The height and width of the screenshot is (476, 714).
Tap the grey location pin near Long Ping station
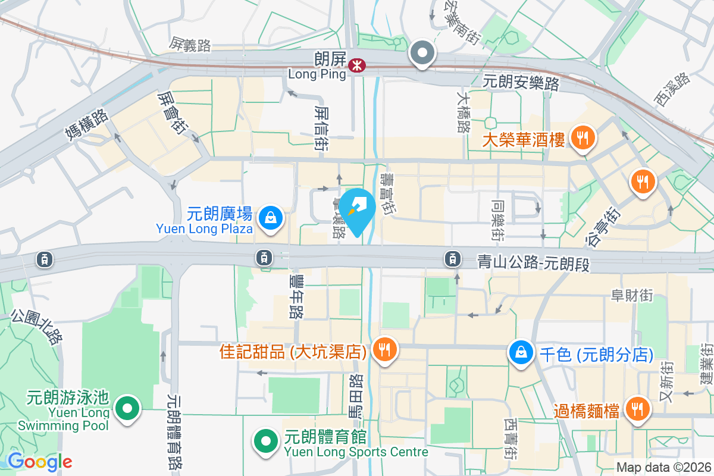click(422, 54)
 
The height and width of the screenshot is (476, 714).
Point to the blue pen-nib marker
click(358, 208)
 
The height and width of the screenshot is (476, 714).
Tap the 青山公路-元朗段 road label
click(533, 262)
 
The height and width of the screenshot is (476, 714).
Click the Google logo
click(40, 461)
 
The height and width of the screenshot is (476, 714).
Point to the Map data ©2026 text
click(663, 468)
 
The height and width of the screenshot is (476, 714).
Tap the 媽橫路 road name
click(86, 124)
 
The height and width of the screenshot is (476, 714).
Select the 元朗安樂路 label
click(521, 82)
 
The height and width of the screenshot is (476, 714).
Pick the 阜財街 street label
click(632, 295)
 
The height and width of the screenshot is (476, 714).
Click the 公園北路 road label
click(37, 327)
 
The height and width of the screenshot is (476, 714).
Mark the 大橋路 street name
click(464, 111)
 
